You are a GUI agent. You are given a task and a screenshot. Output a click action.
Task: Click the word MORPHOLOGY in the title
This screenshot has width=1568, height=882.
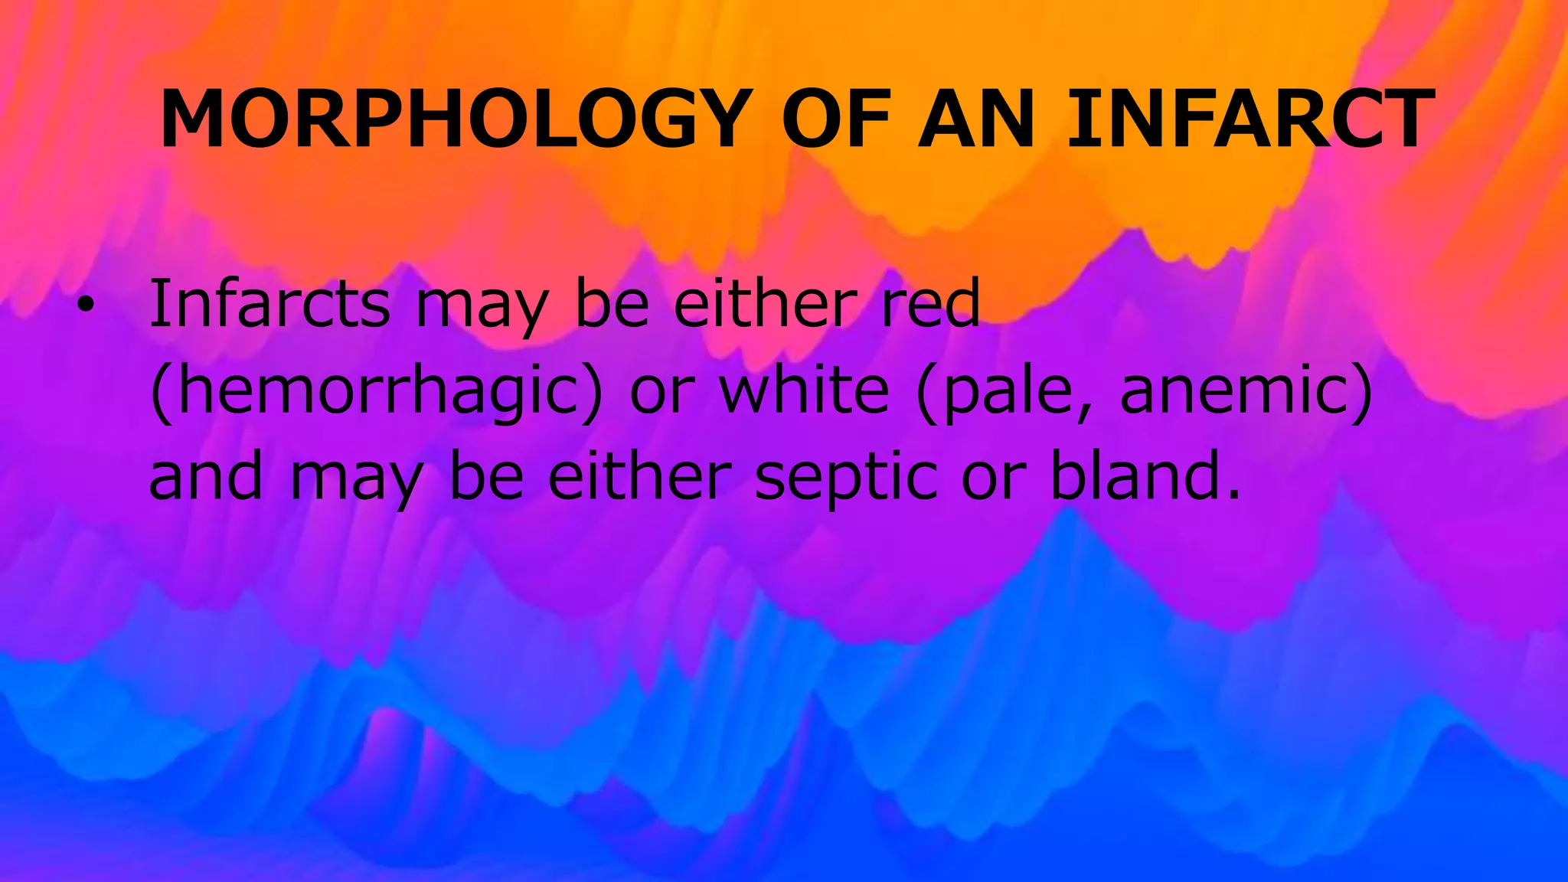tap(452, 120)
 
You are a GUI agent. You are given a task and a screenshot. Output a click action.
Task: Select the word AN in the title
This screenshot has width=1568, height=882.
tap(977, 120)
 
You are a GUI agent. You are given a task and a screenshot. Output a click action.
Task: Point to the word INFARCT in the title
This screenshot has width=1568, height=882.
tap(1250, 120)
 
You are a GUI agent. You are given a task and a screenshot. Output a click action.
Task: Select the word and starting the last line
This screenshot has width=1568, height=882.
tap(206, 476)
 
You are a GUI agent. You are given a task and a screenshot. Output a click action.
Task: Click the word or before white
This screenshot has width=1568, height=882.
tap(661, 392)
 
